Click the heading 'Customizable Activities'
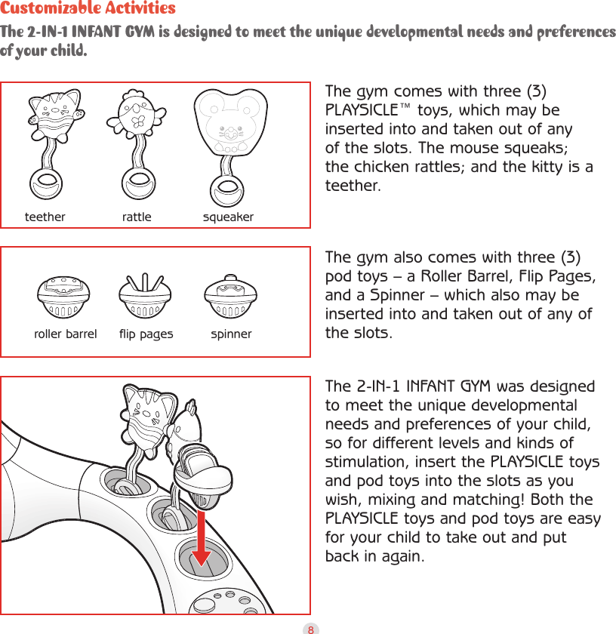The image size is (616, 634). pyautogui.click(x=88, y=9)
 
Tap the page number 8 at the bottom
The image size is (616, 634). pyautogui.click(x=309, y=628)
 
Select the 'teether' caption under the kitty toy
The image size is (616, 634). pyautogui.click(x=45, y=217)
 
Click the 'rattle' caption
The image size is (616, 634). pyautogui.click(x=137, y=217)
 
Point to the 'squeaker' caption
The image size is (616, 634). pyautogui.click(x=228, y=217)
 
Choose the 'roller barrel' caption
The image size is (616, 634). pyautogui.click(x=66, y=334)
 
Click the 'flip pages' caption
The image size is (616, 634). pyautogui.click(x=146, y=334)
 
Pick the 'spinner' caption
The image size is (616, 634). pyautogui.click(x=231, y=334)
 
